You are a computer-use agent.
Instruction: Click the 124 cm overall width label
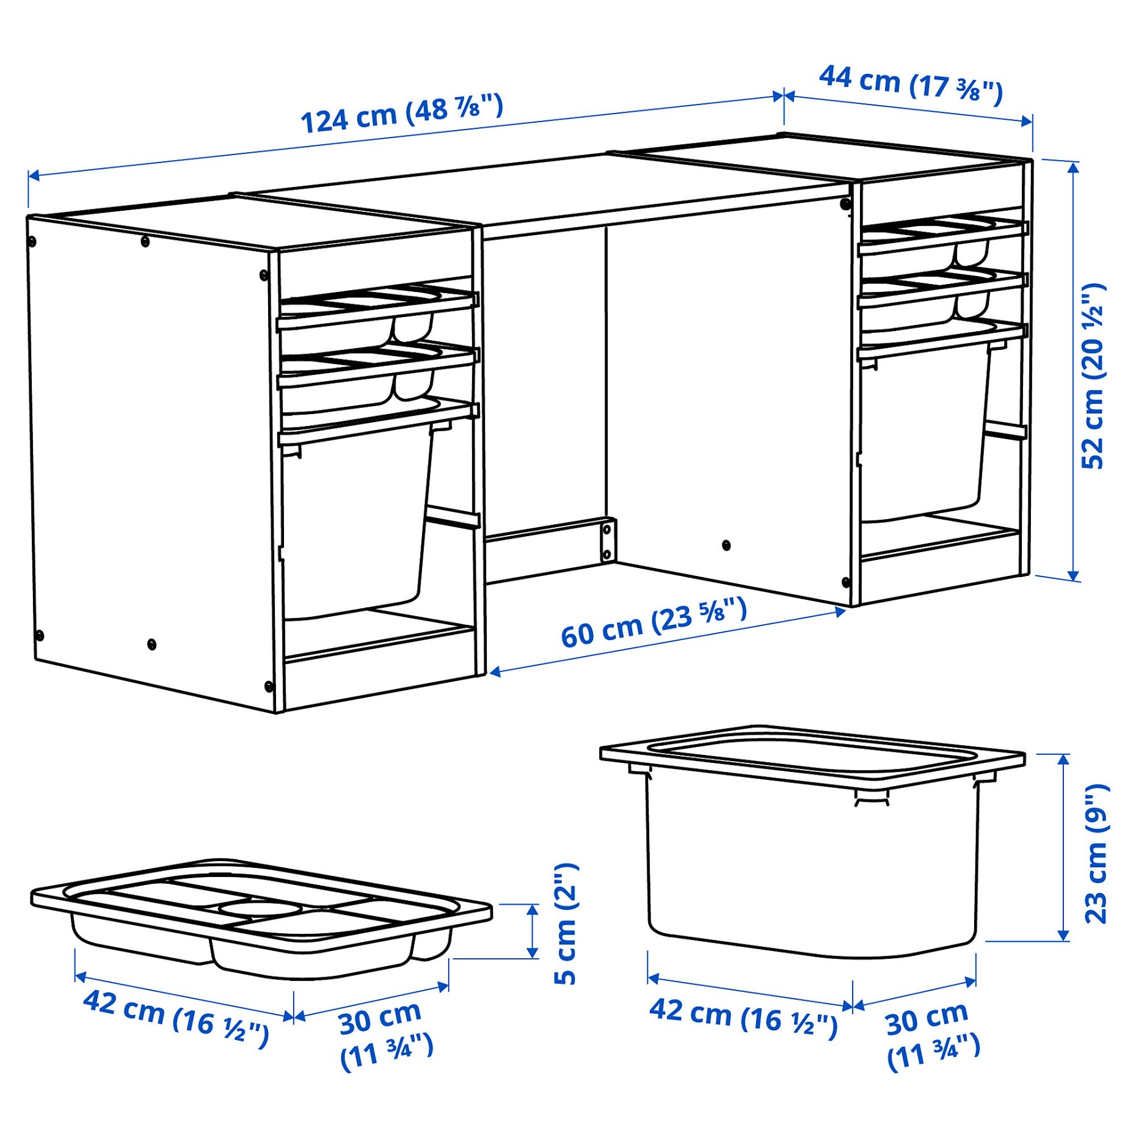pyautogui.click(x=401, y=113)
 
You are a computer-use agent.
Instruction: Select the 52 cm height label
pyautogui.click(x=1093, y=376)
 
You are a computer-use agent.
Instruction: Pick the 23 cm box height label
pyautogui.click(x=1096, y=854)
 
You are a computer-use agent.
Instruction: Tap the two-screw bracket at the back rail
pyautogui.click(x=607, y=539)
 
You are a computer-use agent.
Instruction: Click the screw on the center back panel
pyautogui.click(x=726, y=545)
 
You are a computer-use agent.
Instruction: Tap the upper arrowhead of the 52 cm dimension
pyautogui.click(x=1073, y=166)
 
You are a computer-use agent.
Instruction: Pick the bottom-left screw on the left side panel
pyautogui.click(x=40, y=636)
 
